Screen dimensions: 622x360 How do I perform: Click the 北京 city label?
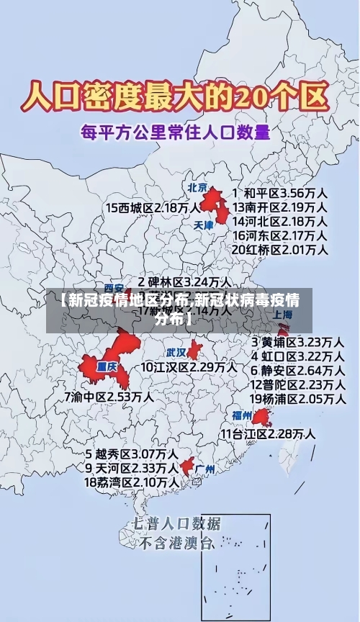click(197, 187)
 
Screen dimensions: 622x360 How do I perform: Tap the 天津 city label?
click(204, 225)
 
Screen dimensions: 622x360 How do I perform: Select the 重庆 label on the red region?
click(107, 365)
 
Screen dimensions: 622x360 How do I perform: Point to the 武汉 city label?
click(176, 353)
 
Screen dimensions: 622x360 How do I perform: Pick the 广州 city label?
click(205, 469)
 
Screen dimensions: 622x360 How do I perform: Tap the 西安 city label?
click(114, 286)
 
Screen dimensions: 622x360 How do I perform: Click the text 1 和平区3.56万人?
click(281, 193)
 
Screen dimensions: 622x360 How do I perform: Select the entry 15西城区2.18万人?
click(153, 207)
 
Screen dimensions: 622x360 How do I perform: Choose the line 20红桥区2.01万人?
click(280, 250)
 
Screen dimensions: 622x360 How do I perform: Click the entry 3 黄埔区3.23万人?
click(297, 341)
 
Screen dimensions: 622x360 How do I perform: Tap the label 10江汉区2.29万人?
click(189, 367)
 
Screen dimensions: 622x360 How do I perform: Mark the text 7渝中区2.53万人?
click(109, 396)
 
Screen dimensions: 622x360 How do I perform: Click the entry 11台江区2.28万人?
click(267, 433)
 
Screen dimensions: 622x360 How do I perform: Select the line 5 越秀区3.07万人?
click(132, 454)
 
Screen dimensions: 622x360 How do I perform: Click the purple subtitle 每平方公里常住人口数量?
click(175, 132)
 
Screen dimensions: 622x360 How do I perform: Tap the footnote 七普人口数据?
click(177, 523)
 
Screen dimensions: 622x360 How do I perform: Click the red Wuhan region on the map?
click(194, 351)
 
